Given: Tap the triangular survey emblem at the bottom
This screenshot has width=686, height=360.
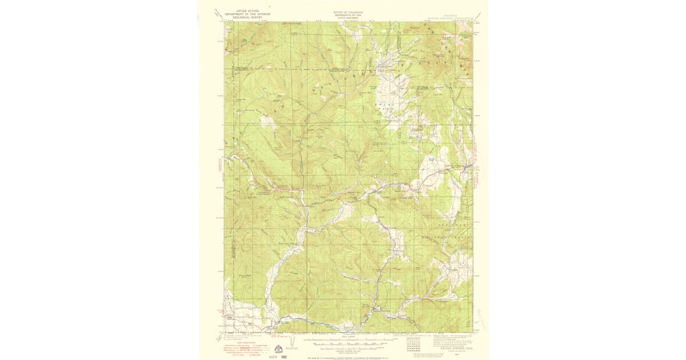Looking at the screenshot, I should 278,350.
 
